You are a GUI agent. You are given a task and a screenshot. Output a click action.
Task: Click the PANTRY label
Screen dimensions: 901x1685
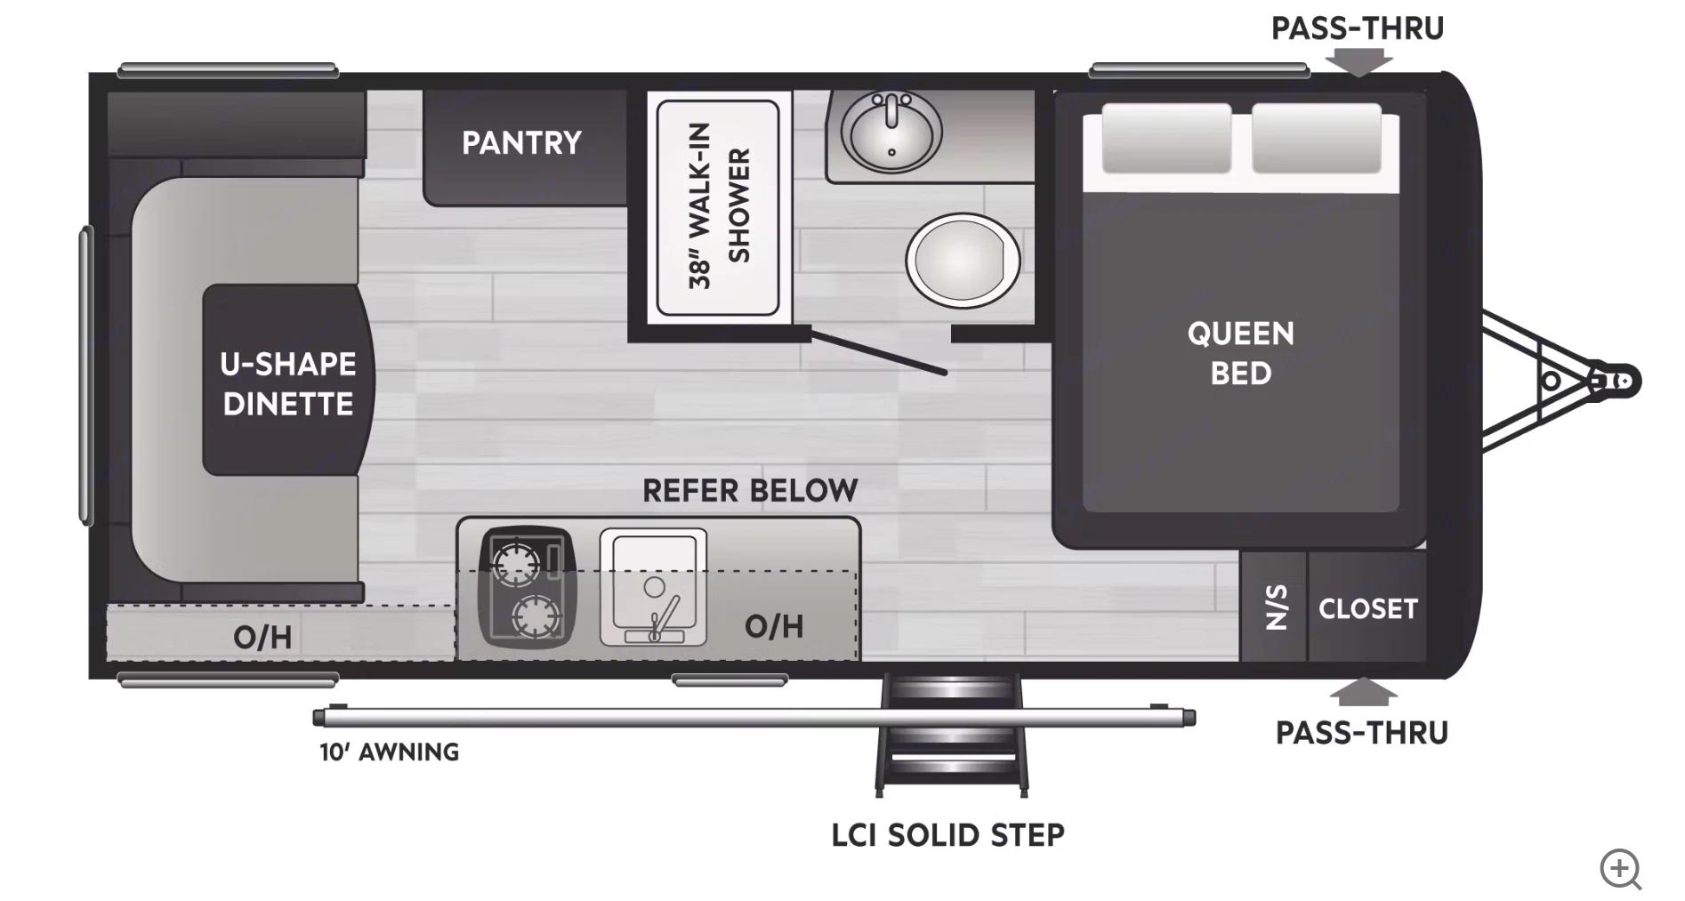(x=521, y=143)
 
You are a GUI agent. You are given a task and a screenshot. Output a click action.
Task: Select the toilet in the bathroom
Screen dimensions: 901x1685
(x=963, y=261)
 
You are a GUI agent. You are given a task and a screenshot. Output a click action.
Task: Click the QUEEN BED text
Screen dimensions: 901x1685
(x=1241, y=353)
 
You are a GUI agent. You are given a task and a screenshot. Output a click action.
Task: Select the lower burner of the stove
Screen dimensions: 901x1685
(x=536, y=615)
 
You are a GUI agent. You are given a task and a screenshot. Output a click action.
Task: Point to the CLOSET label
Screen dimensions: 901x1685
(x=1367, y=609)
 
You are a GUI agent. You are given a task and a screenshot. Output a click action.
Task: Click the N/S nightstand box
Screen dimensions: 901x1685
(x=1275, y=607)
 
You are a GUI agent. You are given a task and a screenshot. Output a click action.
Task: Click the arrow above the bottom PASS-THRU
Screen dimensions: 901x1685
(x=1362, y=692)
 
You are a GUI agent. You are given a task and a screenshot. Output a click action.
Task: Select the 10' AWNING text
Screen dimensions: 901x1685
(x=390, y=752)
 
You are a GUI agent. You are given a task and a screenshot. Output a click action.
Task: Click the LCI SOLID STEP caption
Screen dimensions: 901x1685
(x=947, y=835)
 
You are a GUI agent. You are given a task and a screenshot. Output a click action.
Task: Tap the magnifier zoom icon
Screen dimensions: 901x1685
(x=1620, y=868)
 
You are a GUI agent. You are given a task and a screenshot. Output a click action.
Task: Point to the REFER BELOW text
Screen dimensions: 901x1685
(x=750, y=490)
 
